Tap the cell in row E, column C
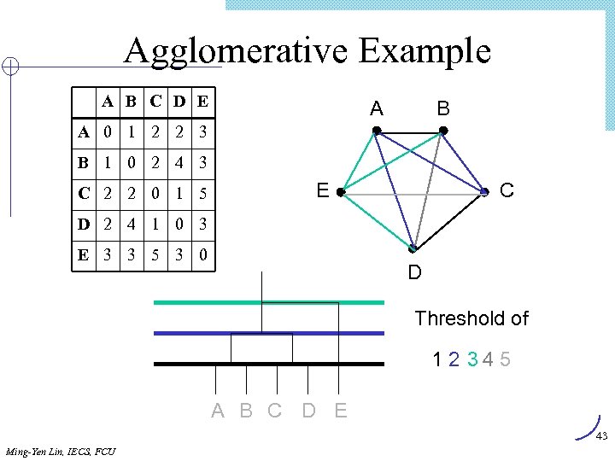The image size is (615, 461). click(x=154, y=256)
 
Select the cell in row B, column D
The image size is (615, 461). click(x=179, y=163)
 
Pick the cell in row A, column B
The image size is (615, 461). click(x=130, y=133)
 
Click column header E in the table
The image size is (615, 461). click(x=202, y=102)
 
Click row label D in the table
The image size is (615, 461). click(x=84, y=225)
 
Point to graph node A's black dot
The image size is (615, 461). click(x=376, y=131)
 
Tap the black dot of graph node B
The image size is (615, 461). click(x=442, y=131)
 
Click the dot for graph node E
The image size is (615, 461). click(x=340, y=194)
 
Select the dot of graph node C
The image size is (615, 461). click(x=484, y=194)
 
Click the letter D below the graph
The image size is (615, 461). click(x=414, y=273)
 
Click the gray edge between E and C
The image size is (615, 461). click(x=412, y=195)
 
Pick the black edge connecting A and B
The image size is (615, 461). click(x=409, y=131)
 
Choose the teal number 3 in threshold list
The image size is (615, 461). click(x=472, y=359)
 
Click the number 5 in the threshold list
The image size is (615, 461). click(x=506, y=359)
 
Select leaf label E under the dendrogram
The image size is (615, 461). click(x=341, y=411)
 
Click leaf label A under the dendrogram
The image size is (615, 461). click(x=218, y=411)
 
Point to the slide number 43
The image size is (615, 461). click(x=601, y=436)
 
